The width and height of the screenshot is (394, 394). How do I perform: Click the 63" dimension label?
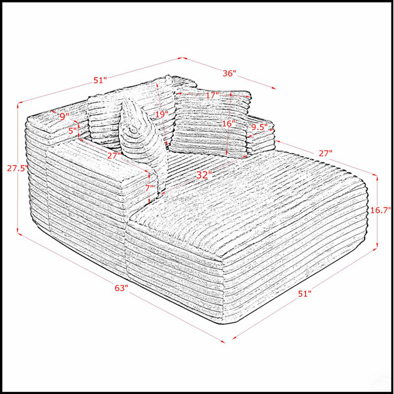[121, 288]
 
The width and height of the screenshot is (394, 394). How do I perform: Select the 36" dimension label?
[229, 74]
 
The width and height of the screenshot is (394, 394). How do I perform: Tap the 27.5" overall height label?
[16, 168]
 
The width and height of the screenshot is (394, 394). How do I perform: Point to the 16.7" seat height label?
[381, 210]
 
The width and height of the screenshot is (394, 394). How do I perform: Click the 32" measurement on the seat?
[202, 175]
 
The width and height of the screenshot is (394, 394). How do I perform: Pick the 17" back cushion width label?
[213, 95]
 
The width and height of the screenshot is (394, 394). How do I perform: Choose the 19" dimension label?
[162, 114]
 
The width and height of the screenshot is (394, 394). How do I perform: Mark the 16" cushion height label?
[229, 123]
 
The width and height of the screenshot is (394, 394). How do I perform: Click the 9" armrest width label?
[64, 116]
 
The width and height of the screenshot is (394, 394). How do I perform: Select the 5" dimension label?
[72, 131]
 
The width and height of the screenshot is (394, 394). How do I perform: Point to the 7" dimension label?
[150, 187]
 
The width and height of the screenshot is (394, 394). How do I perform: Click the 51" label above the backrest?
[100, 80]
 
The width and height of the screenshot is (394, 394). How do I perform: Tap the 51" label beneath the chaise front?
[305, 294]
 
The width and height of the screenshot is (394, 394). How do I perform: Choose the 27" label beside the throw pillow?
[114, 156]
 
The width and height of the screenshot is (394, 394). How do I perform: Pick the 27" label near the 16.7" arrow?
[326, 153]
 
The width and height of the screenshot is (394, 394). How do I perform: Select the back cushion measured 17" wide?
[210, 123]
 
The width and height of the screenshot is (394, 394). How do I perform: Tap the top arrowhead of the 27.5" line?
[18, 106]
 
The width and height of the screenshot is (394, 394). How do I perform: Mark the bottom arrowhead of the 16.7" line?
[377, 246]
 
